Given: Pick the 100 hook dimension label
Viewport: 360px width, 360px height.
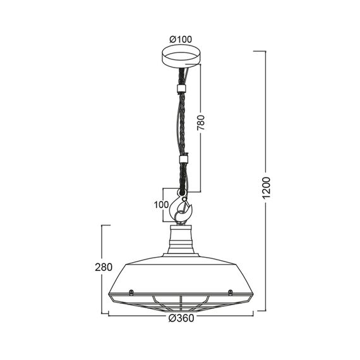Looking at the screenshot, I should point(162,205).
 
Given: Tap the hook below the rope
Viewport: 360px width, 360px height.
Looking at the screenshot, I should point(183,208).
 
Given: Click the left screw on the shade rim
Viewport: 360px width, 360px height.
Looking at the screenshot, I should point(130,292).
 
